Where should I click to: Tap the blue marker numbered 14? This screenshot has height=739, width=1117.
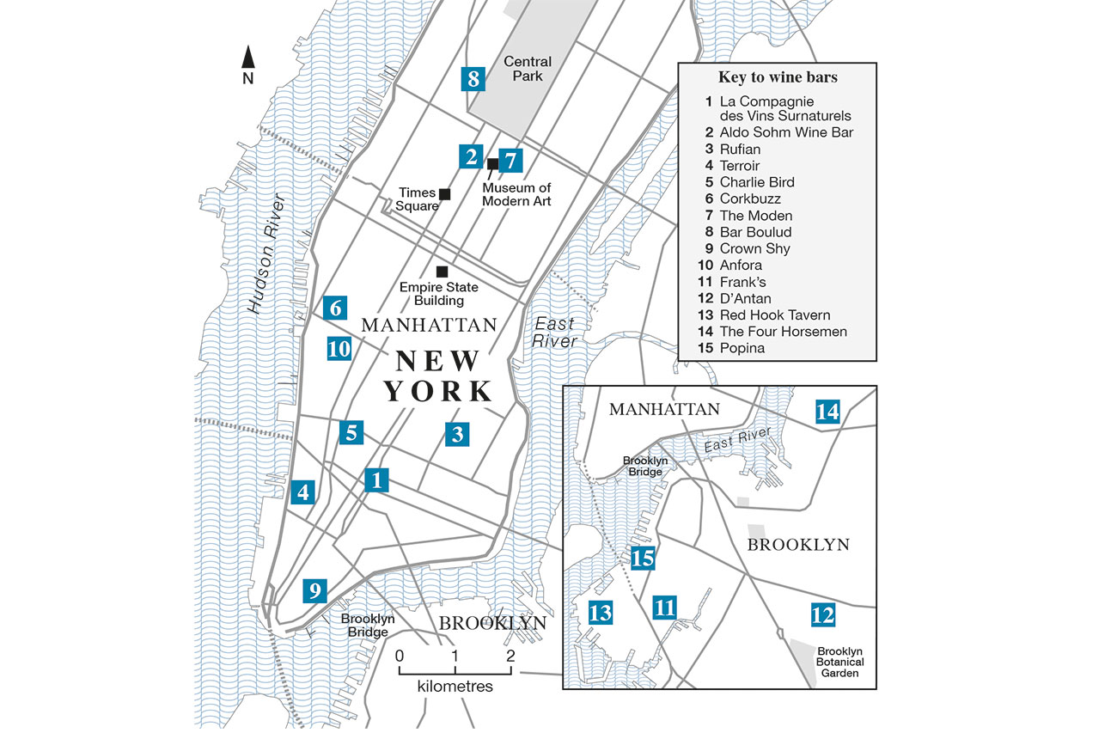tap(827, 412)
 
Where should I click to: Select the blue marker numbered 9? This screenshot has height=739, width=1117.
tap(315, 591)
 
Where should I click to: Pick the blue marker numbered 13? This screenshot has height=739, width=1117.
tap(600, 613)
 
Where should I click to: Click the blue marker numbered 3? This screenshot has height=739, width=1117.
tap(458, 435)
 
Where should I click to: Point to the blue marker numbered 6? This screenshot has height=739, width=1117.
tap(336, 308)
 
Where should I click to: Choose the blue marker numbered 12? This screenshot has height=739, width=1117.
tap(822, 614)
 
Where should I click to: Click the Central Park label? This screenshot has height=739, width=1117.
tap(528, 69)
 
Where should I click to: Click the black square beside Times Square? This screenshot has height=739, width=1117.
tap(444, 194)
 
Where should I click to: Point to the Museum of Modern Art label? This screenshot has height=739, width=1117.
tap(516, 194)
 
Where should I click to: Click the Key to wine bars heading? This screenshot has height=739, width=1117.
tap(778, 77)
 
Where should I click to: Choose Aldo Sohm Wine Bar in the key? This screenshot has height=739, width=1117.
tap(786, 132)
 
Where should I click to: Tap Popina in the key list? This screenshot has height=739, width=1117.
tap(742, 348)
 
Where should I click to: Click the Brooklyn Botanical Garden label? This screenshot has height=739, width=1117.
tap(840, 662)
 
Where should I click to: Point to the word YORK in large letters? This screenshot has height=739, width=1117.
tap(438, 391)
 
